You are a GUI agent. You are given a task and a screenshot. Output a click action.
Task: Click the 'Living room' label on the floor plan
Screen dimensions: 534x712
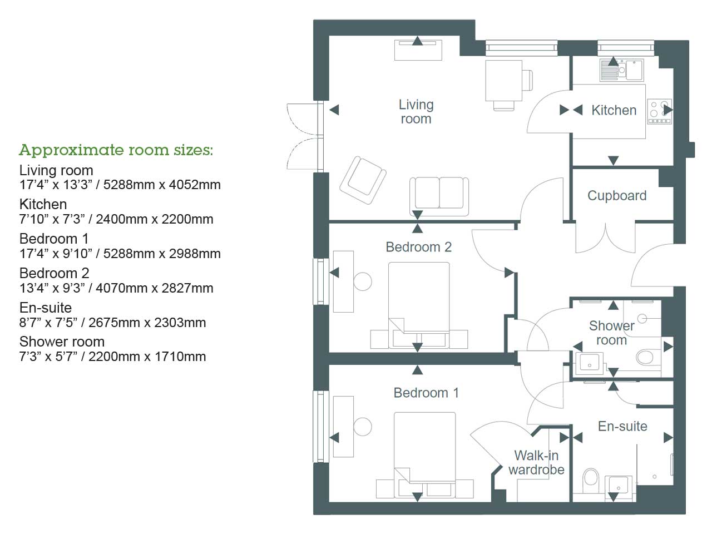pos(416,112)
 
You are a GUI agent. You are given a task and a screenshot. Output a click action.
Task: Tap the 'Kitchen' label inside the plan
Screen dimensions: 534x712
pos(614,110)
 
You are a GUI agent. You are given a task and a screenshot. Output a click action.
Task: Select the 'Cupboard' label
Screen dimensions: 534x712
pos(617,196)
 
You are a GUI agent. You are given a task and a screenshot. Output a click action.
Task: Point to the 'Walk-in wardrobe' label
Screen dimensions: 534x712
pos(536,463)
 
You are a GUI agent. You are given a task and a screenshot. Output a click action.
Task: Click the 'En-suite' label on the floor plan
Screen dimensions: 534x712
pos(622,427)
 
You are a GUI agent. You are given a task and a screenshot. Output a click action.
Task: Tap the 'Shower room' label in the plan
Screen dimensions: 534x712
pos(611,333)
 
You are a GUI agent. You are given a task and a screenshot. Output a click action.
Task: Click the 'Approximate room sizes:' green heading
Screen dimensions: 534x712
pos(116,150)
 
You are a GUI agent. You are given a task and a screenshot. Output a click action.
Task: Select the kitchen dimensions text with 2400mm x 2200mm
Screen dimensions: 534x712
pos(116,219)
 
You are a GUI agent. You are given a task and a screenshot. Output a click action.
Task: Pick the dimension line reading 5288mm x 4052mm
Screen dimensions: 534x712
pos(120,185)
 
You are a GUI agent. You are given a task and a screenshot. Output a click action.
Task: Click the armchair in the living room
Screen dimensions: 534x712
pos(363,180)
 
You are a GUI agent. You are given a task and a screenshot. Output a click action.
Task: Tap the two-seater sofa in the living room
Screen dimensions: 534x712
pos(439,194)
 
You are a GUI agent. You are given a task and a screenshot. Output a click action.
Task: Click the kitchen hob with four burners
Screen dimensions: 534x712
pos(659,111)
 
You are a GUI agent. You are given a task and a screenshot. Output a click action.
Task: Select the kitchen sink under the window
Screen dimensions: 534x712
pos(621,70)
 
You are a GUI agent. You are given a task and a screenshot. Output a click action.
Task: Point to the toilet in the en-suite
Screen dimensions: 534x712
pos(590,478)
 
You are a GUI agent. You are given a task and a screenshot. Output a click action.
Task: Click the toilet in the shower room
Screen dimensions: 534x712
pos(645,356)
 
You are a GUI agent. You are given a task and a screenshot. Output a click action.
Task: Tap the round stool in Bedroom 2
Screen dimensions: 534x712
pos(363,281)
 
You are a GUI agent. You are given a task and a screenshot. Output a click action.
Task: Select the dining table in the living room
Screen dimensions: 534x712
pos(503,80)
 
